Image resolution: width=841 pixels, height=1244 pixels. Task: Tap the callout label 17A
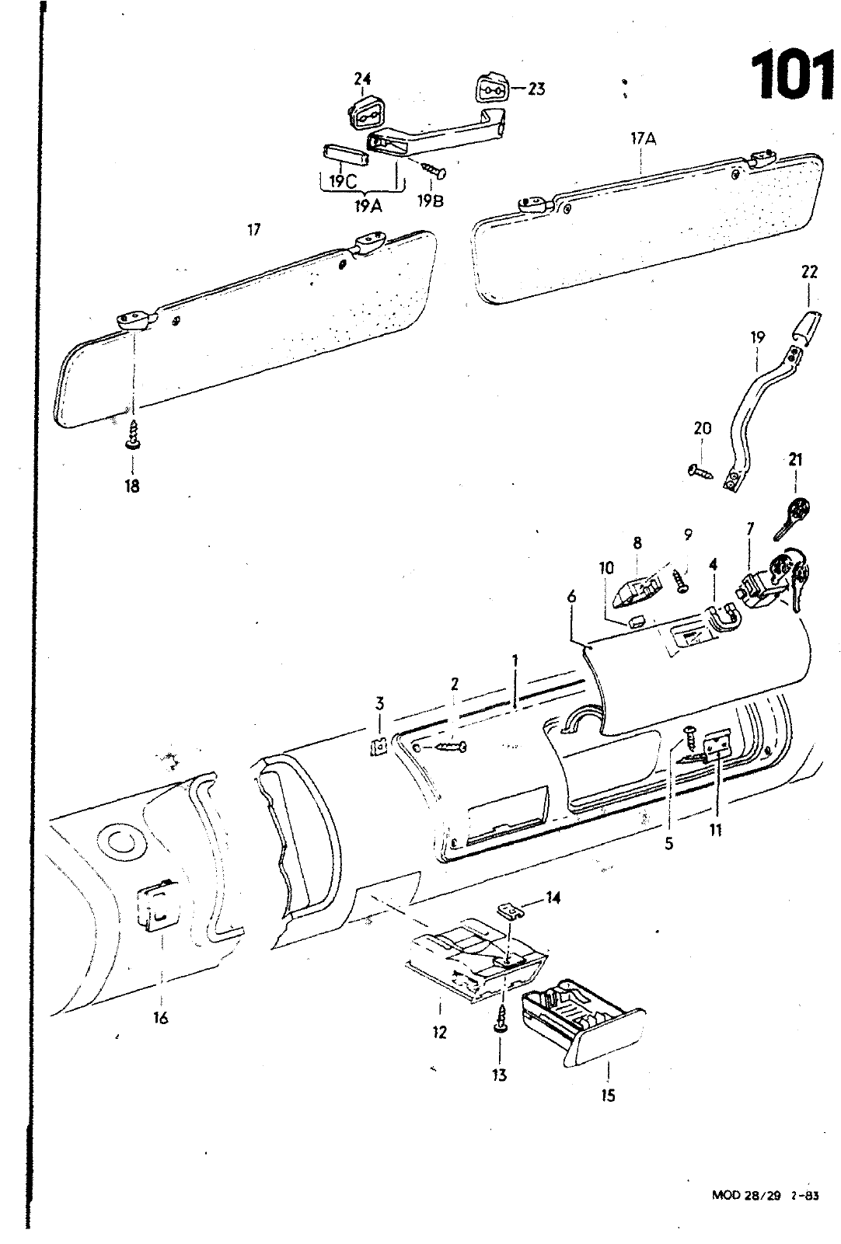click(644, 139)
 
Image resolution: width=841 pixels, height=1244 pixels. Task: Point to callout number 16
click(160, 1018)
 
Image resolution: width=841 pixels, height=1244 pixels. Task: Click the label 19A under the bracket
click(365, 206)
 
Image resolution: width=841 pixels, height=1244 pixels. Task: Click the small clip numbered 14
click(509, 909)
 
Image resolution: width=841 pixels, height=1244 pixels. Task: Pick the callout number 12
click(440, 1033)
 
